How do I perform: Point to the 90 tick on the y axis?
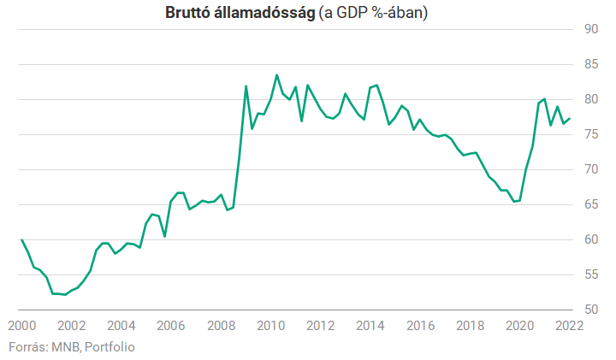coord(589,29)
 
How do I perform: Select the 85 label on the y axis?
coord(589,64)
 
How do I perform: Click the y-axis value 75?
coord(589,134)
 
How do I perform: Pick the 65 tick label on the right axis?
coord(589,204)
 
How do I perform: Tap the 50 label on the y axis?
coord(589,310)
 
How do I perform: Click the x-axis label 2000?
coord(21,326)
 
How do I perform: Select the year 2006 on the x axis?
coord(170,326)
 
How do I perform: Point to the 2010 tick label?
coord(270,326)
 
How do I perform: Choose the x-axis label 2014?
coord(370,326)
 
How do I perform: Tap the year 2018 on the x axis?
coord(470,326)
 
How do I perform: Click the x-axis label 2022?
coord(568,326)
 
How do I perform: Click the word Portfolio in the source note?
coord(110,346)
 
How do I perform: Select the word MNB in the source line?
coord(64,346)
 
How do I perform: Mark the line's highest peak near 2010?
coord(276,74)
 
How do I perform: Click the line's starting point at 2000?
coord(21,239)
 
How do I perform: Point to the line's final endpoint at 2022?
coord(570,118)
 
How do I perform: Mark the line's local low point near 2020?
coord(513,201)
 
